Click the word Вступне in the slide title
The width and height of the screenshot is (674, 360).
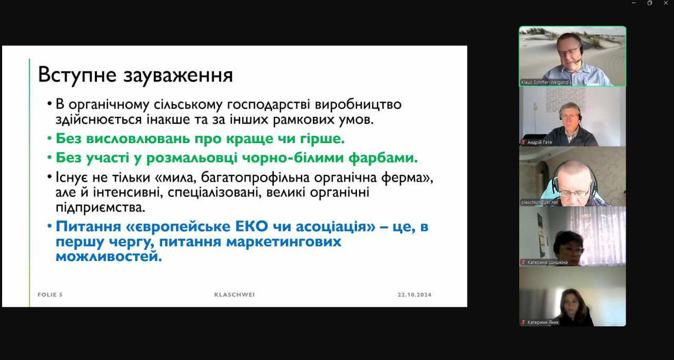point(77,75)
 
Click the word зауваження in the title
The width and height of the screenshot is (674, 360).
point(178,75)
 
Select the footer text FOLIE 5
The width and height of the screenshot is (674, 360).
point(50,295)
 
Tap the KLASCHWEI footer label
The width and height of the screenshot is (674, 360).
point(234,295)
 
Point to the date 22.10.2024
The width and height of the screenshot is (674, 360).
point(414,295)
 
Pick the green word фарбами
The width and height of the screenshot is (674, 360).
point(383,157)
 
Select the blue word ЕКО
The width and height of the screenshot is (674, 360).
point(252,226)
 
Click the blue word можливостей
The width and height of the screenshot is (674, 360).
point(108,256)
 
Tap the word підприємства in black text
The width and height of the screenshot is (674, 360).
point(100,207)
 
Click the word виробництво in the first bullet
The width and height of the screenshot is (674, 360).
point(358,104)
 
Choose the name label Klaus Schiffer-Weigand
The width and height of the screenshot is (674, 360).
point(544,82)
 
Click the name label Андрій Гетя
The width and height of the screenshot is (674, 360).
point(540,142)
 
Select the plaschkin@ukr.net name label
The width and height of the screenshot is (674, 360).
point(540,203)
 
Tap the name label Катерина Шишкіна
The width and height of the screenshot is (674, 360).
point(547,262)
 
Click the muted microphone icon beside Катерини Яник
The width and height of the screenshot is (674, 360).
point(523,322)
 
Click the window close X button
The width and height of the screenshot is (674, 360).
point(666,3)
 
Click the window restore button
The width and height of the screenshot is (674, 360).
point(650,3)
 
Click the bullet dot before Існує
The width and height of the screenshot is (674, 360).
point(49,176)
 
